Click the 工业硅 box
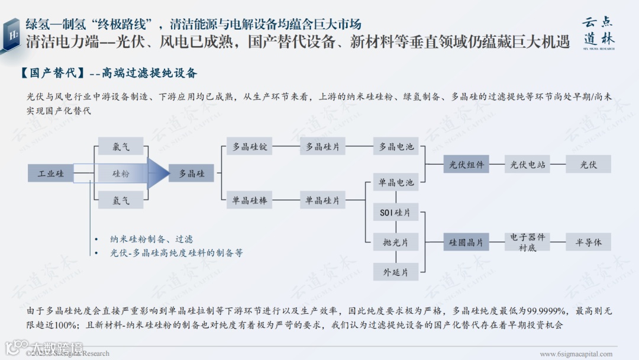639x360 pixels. point(51,173)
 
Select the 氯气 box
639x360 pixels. point(121,146)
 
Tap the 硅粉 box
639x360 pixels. point(121,173)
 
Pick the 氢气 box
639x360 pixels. point(121,200)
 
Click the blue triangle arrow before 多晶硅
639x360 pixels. point(158,173)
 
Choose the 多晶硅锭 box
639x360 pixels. point(249,147)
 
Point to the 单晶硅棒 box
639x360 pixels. point(249,201)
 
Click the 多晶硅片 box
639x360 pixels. point(322,147)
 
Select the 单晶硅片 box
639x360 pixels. point(322,201)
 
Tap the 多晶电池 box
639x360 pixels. point(396,147)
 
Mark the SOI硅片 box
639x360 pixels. point(396,213)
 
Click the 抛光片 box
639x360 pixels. point(396,242)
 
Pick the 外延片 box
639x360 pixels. point(396,272)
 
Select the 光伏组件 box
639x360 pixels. point(466,165)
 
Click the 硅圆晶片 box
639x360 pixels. point(466,242)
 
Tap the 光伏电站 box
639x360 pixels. point(527,165)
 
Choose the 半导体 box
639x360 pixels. point(588,242)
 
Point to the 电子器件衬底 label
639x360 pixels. point(527,242)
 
